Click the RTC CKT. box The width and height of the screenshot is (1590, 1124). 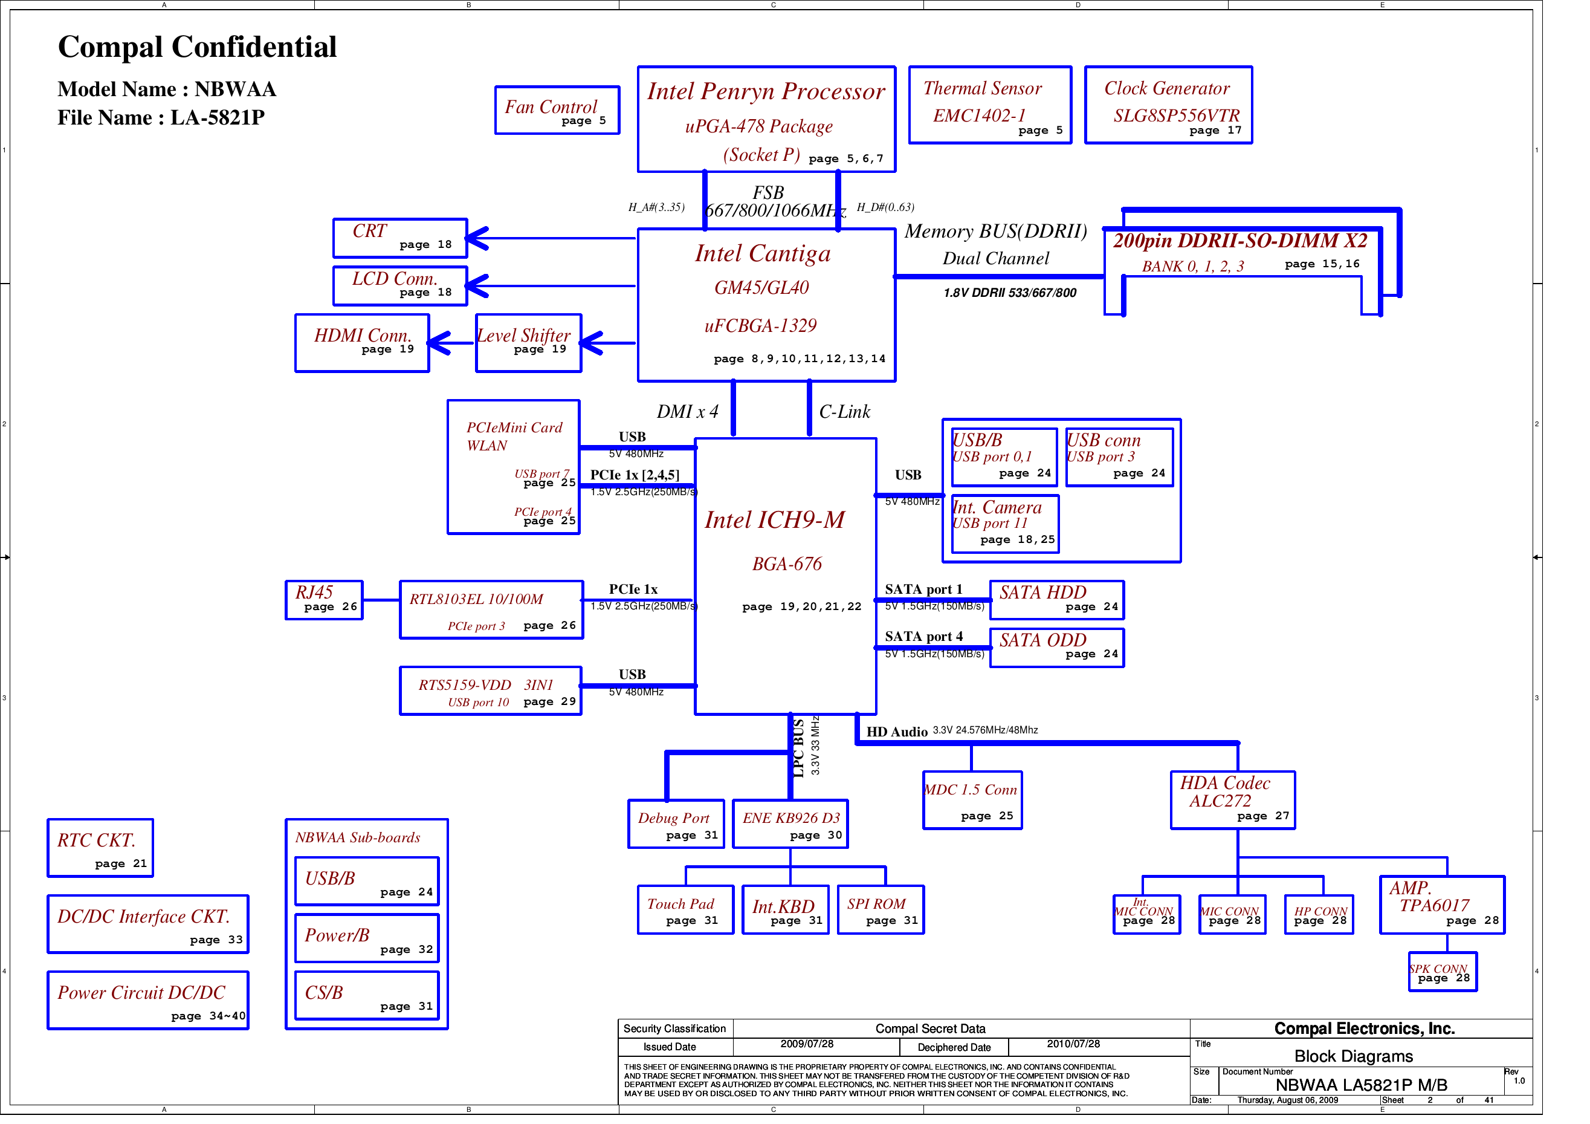point(100,848)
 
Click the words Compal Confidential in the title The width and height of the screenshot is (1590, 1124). point(198,47)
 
